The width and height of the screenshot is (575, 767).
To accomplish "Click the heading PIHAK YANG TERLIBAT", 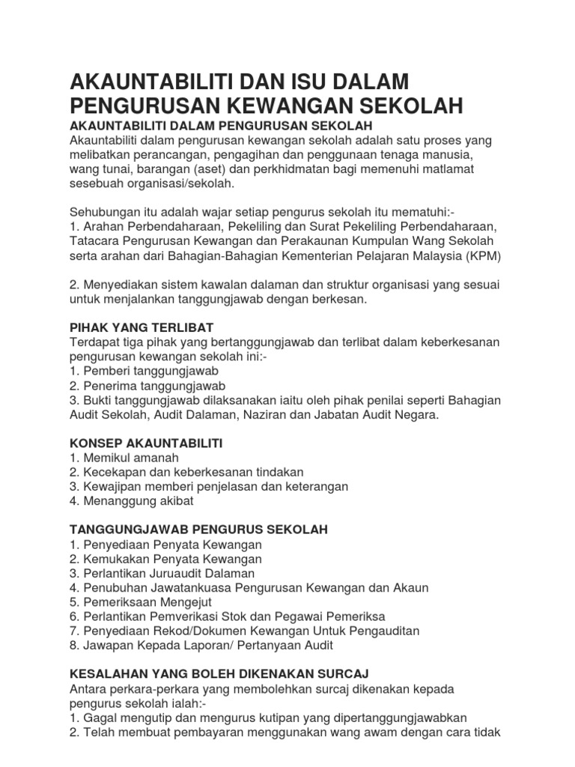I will (x=142, y=327).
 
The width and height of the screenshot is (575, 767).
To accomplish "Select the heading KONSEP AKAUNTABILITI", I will (x=146, y=443).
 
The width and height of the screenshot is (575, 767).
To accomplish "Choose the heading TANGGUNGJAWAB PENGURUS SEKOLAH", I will (x=198, y=530).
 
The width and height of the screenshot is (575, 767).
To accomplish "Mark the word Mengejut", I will (x=186, y=602).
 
